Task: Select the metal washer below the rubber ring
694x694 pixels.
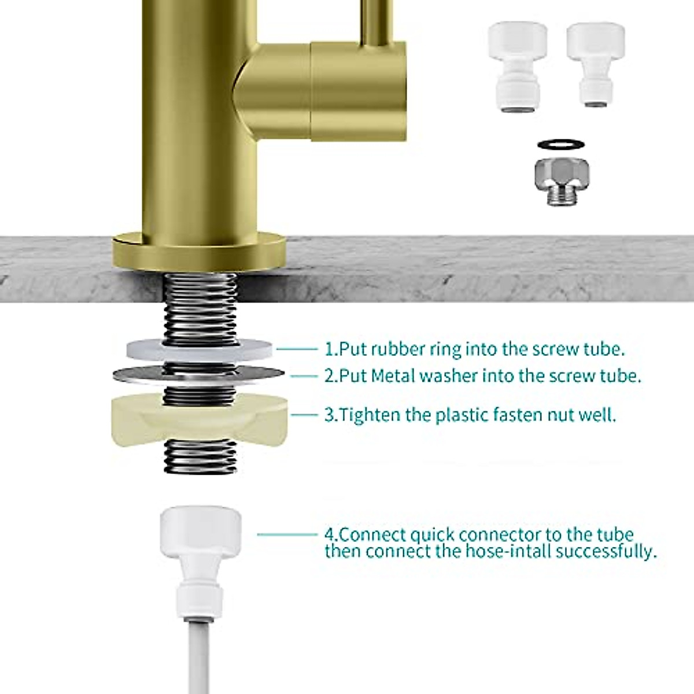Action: pos(199,376)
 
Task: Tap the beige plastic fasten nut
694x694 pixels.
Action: pos(200,419)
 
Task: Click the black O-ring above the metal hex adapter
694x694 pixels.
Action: pos(561,144)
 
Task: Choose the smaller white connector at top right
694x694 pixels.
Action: pos(595,65)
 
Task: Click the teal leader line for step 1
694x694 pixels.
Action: pos(297,349)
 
